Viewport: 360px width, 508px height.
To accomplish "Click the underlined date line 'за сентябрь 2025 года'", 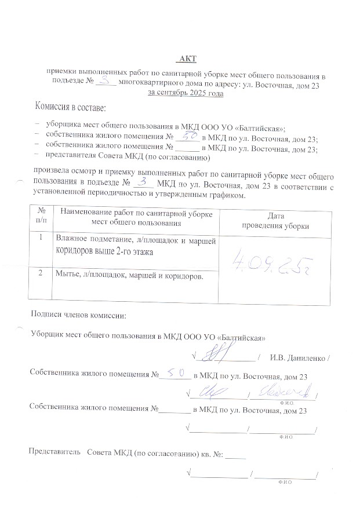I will pos(186,93).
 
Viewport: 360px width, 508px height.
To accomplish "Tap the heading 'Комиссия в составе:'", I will pos(70,107).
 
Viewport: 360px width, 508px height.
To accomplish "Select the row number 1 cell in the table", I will pos(41,238).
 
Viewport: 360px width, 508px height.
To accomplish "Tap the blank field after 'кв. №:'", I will pos(236,455).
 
